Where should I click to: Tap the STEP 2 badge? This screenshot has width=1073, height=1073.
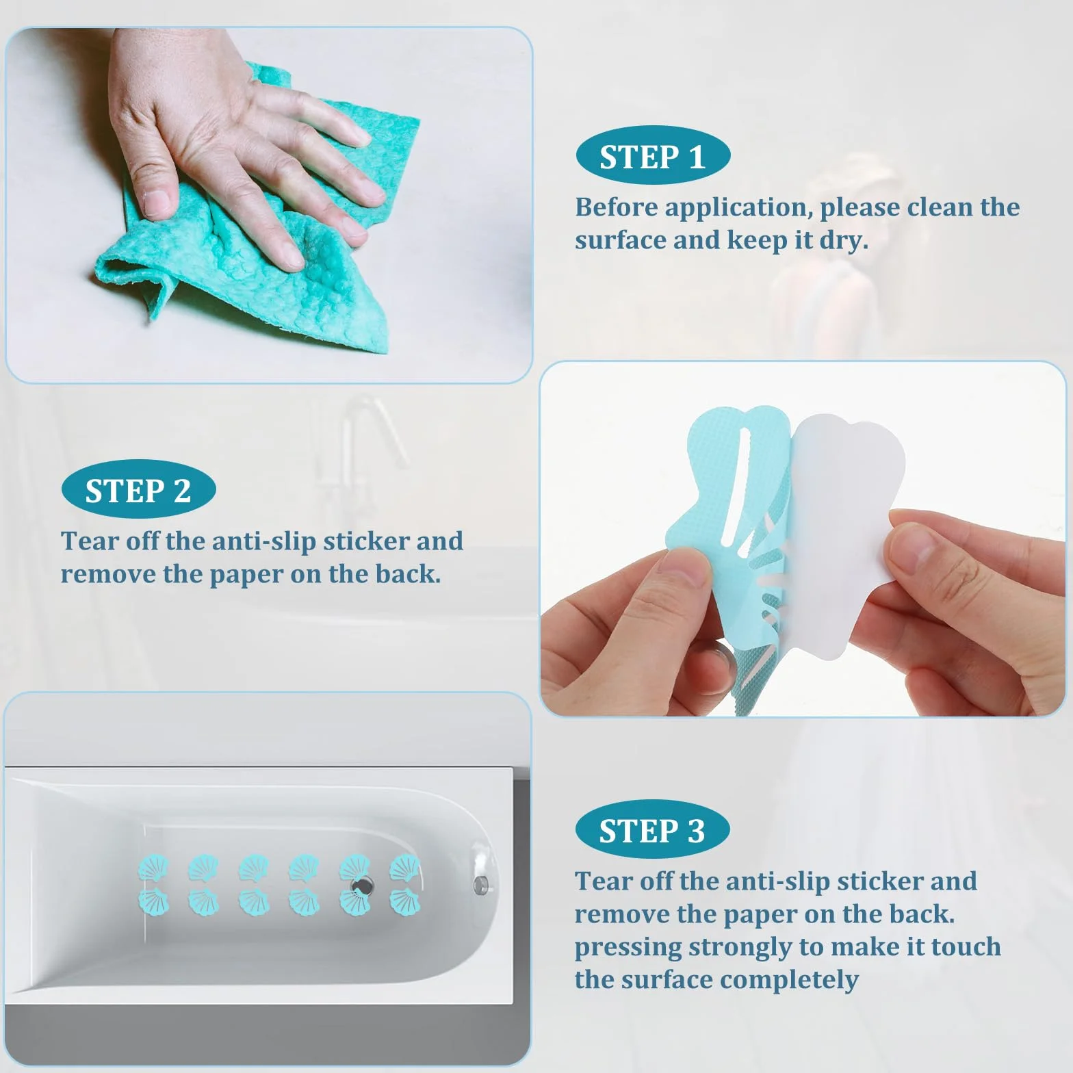tap(138, 490)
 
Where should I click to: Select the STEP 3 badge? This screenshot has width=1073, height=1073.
tap(652, 830)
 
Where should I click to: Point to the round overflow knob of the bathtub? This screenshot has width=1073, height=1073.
tap(480, 885)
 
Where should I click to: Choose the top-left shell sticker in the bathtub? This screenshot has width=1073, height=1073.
tap(153, 868)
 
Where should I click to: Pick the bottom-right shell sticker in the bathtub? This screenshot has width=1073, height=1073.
tap(405, 901)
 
